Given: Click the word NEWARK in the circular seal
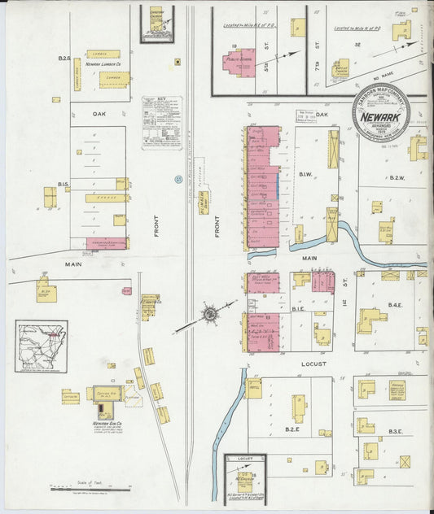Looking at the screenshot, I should (x=381, y=116).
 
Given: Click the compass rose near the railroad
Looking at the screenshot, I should (x=210, y=312).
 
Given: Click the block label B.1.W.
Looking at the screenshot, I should (x=306, y=174).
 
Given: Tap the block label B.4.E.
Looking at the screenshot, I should (x=396, y=304).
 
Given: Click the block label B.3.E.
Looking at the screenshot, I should (x=397, y=430).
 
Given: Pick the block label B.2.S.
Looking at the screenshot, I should (x=64, y=58).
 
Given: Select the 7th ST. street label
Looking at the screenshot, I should (x=317, y=61).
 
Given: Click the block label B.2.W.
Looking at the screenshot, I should (x=397, y=177).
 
